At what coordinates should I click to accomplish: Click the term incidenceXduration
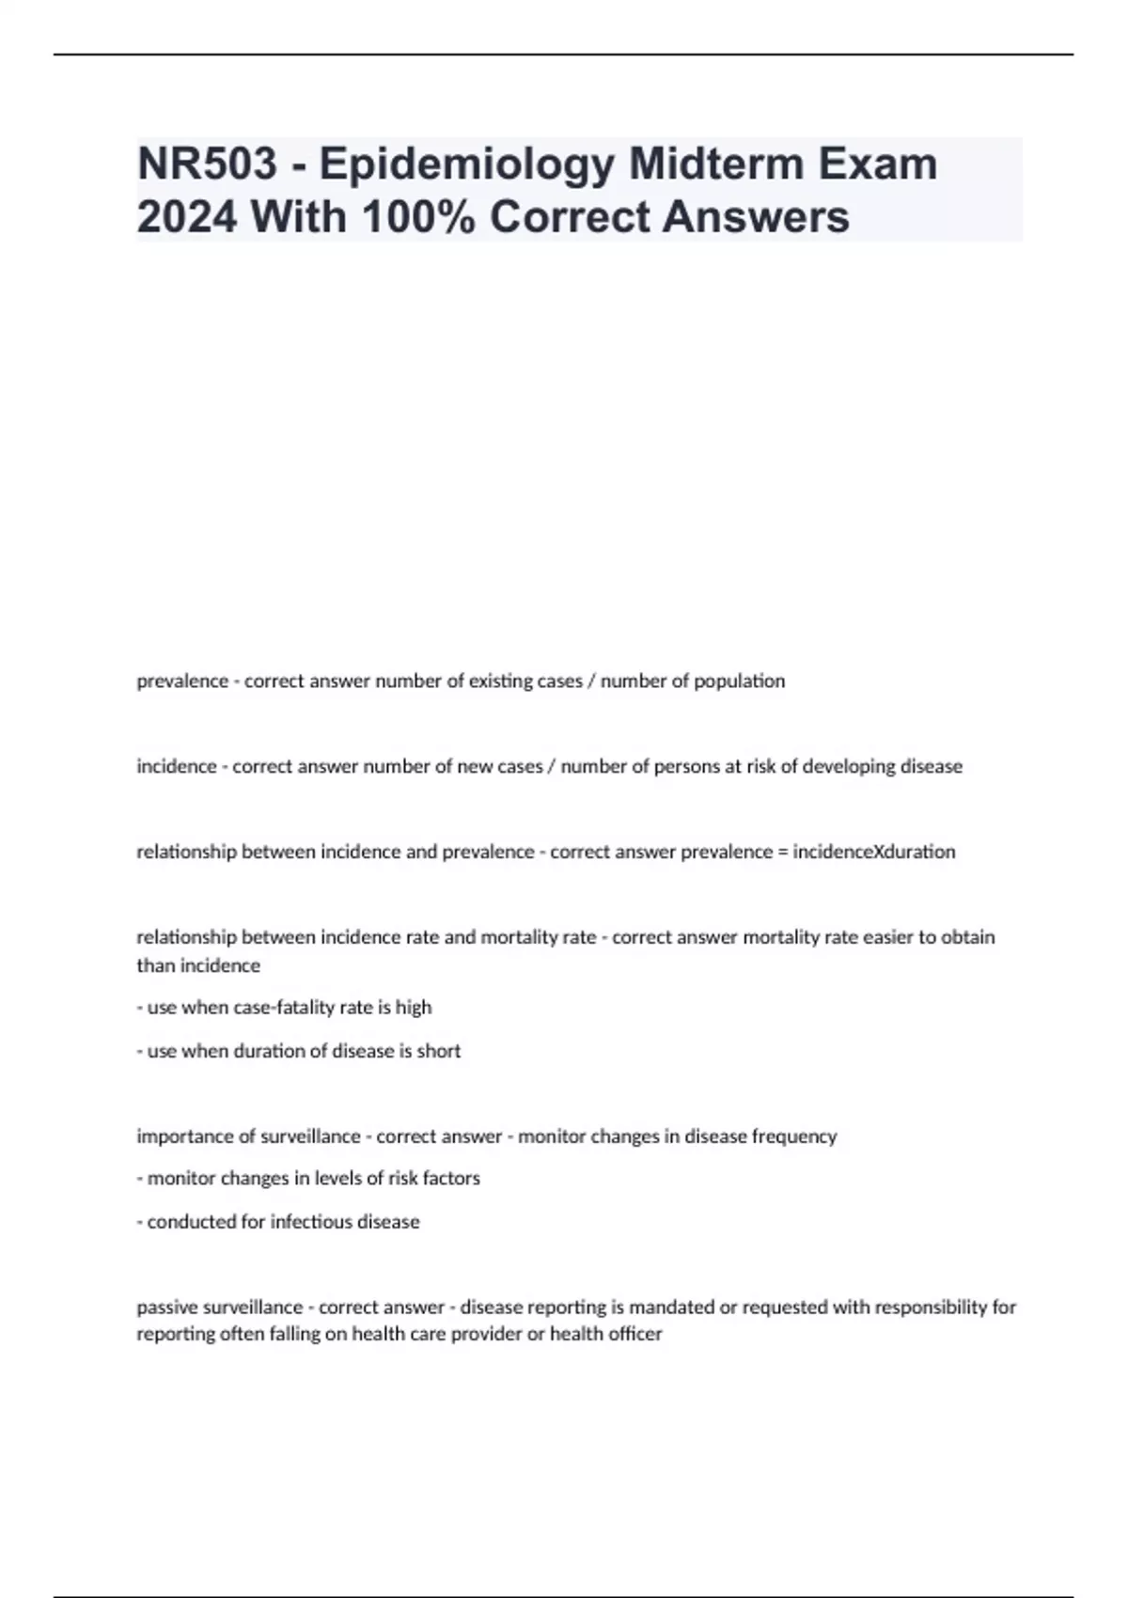874,852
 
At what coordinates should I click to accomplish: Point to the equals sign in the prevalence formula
783,853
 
